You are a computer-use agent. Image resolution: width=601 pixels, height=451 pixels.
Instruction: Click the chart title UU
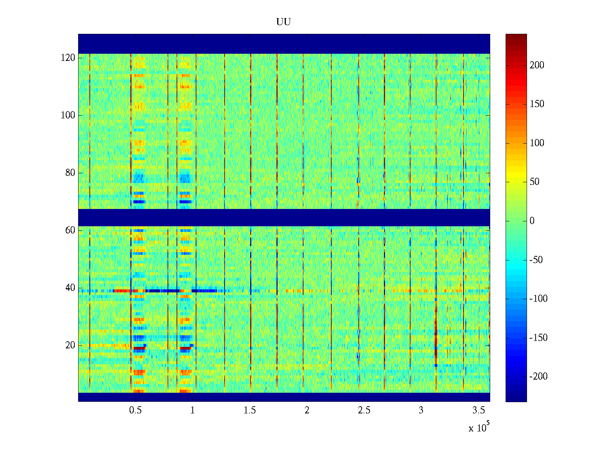coord(284,22)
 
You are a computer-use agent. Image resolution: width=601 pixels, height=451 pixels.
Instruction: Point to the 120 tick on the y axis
coord(68,58)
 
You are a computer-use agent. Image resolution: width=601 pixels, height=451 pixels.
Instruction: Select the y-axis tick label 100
coord(68,115)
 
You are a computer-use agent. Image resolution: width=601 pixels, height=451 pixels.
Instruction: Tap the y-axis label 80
coord(70,173)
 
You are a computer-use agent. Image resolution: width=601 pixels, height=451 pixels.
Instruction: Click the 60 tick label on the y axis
coord(70,230)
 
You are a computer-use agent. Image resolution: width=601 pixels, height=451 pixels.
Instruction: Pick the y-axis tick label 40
coord(70,288)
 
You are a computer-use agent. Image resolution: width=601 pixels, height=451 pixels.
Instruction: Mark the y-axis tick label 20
coord(70,345)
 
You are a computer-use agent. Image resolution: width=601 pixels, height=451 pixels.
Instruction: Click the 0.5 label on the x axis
coord(135,410)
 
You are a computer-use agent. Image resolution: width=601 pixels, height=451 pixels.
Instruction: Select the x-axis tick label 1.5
coord(250,410)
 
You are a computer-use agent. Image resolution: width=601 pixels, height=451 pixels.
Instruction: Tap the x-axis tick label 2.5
coord(364,410)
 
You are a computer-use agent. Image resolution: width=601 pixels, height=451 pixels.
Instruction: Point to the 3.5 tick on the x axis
coord(478,410)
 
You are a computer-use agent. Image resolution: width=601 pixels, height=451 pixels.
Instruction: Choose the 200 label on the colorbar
coord(537,65)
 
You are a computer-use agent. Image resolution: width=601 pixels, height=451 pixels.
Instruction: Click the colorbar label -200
coord(538,377)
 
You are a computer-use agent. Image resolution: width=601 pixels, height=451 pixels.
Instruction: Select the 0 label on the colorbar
coord(532,221)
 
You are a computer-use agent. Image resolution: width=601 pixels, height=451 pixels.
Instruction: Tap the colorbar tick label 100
coord(537,143)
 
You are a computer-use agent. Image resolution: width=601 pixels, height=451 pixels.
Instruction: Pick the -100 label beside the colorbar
coord(538,299)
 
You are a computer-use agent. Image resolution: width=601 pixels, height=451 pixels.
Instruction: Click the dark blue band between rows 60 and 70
coord(284,217)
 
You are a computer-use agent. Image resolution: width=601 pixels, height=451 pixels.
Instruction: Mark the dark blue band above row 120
coord(284,44)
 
